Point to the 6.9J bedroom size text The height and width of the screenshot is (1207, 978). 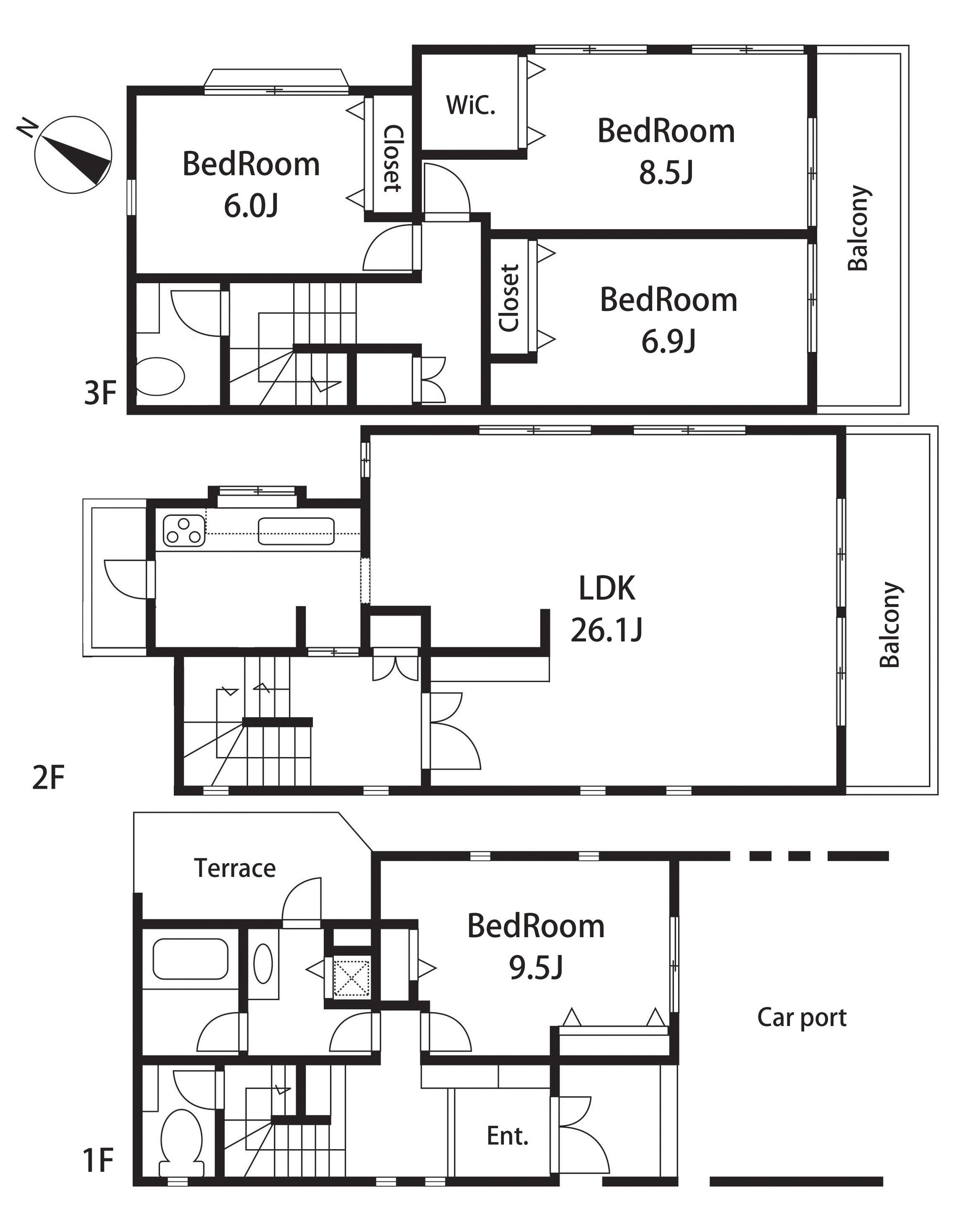point(669,341)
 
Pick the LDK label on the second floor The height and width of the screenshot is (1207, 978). point(607,587)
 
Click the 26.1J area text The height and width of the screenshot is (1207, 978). point(607,630)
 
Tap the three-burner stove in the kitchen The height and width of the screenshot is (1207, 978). point(184,531)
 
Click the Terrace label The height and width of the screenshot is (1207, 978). point(235,868)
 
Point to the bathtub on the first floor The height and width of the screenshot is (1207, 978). point(191,959)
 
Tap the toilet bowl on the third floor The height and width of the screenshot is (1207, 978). point(160,376)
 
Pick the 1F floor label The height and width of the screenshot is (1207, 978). point(98,1161)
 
